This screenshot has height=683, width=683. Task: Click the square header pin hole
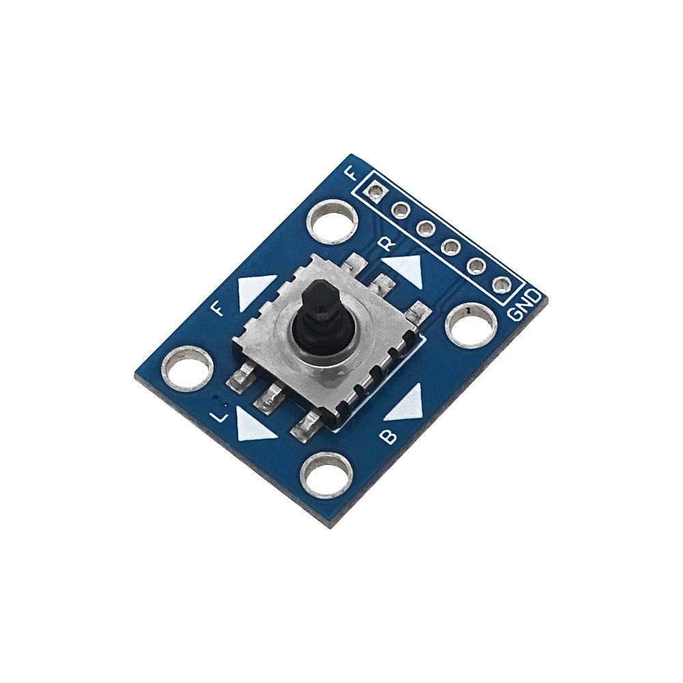(375, 191)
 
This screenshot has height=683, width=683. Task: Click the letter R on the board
(387, 243)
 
